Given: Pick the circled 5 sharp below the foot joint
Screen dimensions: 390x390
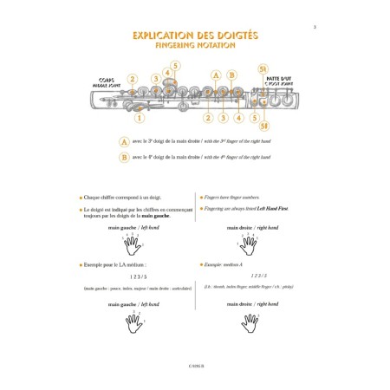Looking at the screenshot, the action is coord(264,127).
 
